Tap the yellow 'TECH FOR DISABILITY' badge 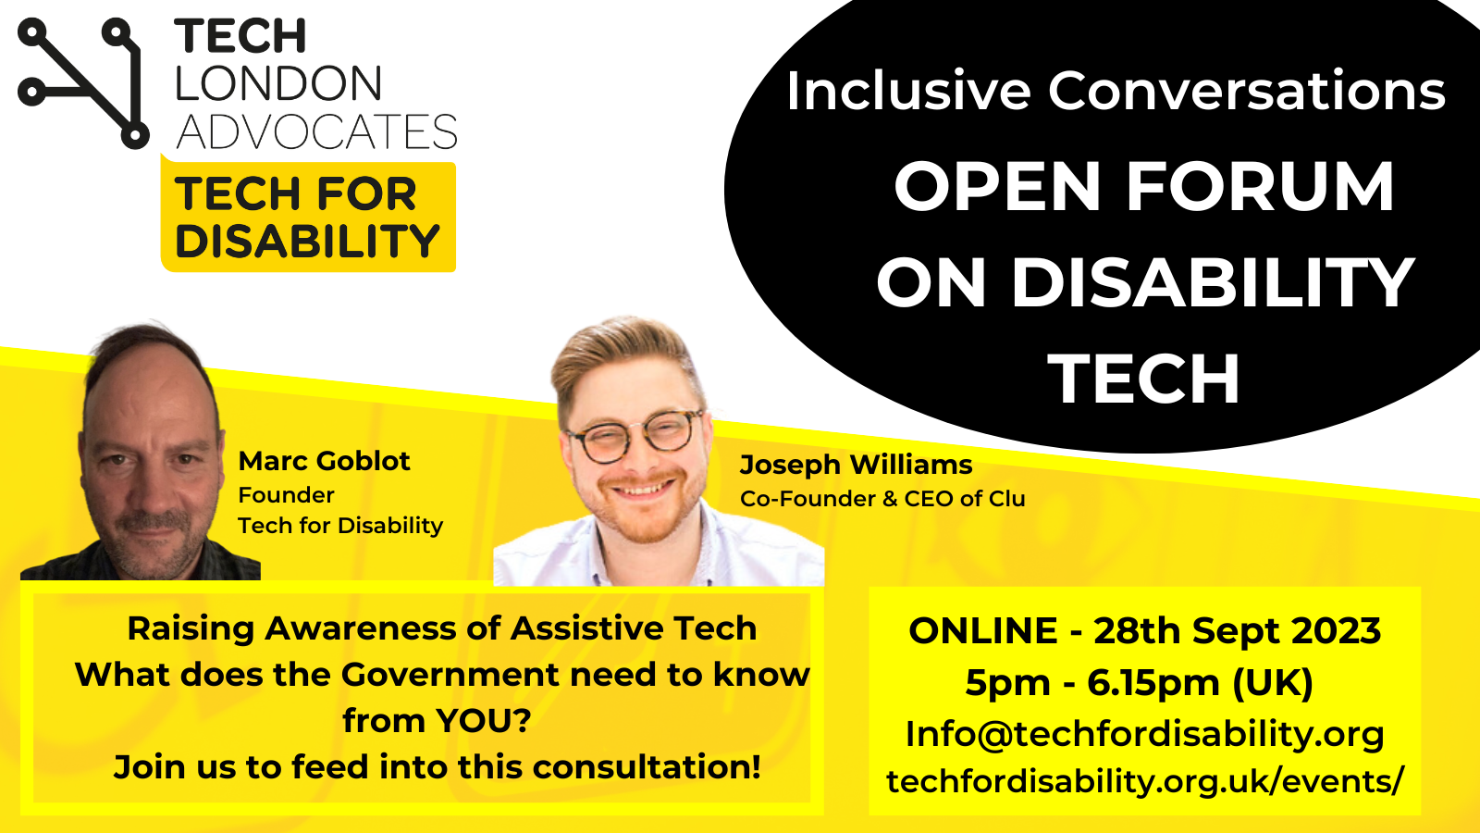coord(308,218)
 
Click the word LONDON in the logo coord(278,84)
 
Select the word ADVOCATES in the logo coord(316,132)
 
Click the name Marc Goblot coord(324,461)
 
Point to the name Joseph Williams coord(856,465)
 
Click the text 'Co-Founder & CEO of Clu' coord(882,499)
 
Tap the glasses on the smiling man coord(637,436)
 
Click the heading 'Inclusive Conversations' coord(1116,91)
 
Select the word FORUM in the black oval coord(1260,187)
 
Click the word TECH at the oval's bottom coord(1143,379)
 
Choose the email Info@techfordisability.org coord(1144,734)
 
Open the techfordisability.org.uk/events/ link coord(1144,781)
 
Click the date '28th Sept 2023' coord(1237,631)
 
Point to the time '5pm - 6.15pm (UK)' coord(1139,683)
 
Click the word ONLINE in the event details coord(982,631)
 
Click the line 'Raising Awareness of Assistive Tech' coord(441,628)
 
